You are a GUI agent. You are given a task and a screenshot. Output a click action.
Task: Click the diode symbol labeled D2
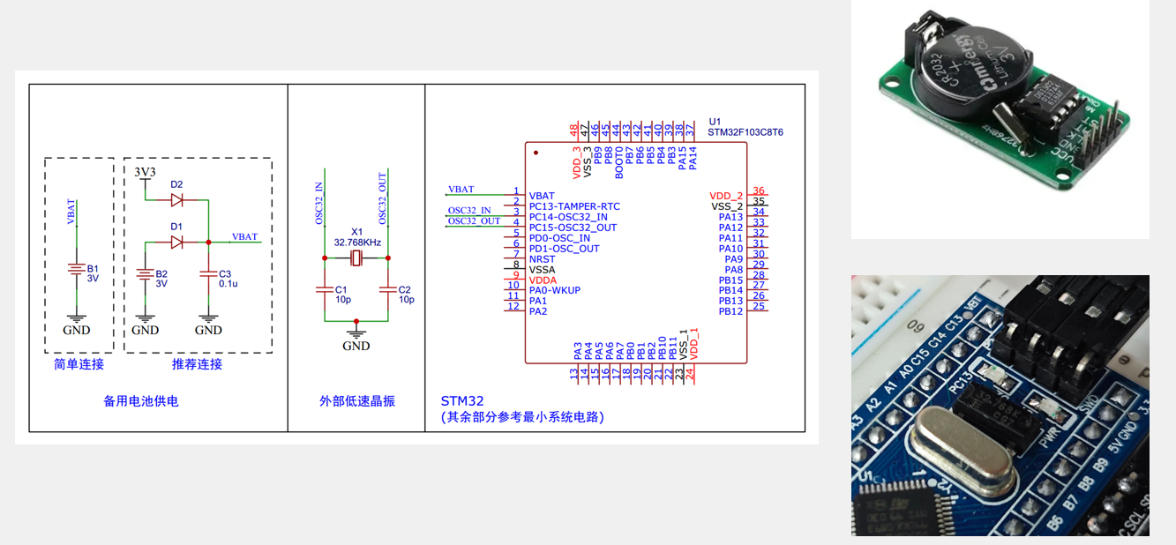176,200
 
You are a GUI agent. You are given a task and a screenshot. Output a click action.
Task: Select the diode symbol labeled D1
176,242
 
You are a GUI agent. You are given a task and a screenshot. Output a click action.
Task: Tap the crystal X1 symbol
356,258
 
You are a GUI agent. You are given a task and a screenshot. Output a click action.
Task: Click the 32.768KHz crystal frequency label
356,242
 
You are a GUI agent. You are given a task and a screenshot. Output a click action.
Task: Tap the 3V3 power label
146,170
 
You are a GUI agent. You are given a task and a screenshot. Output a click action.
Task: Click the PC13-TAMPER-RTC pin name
573,206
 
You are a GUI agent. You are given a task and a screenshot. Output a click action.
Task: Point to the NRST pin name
542,259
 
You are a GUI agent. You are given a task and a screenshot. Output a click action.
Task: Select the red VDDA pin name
543,280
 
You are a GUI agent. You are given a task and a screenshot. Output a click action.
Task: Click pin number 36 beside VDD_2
759,191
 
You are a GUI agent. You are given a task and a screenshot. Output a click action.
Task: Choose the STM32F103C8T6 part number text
745,132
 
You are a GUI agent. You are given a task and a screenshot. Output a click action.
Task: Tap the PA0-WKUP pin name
555,291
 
